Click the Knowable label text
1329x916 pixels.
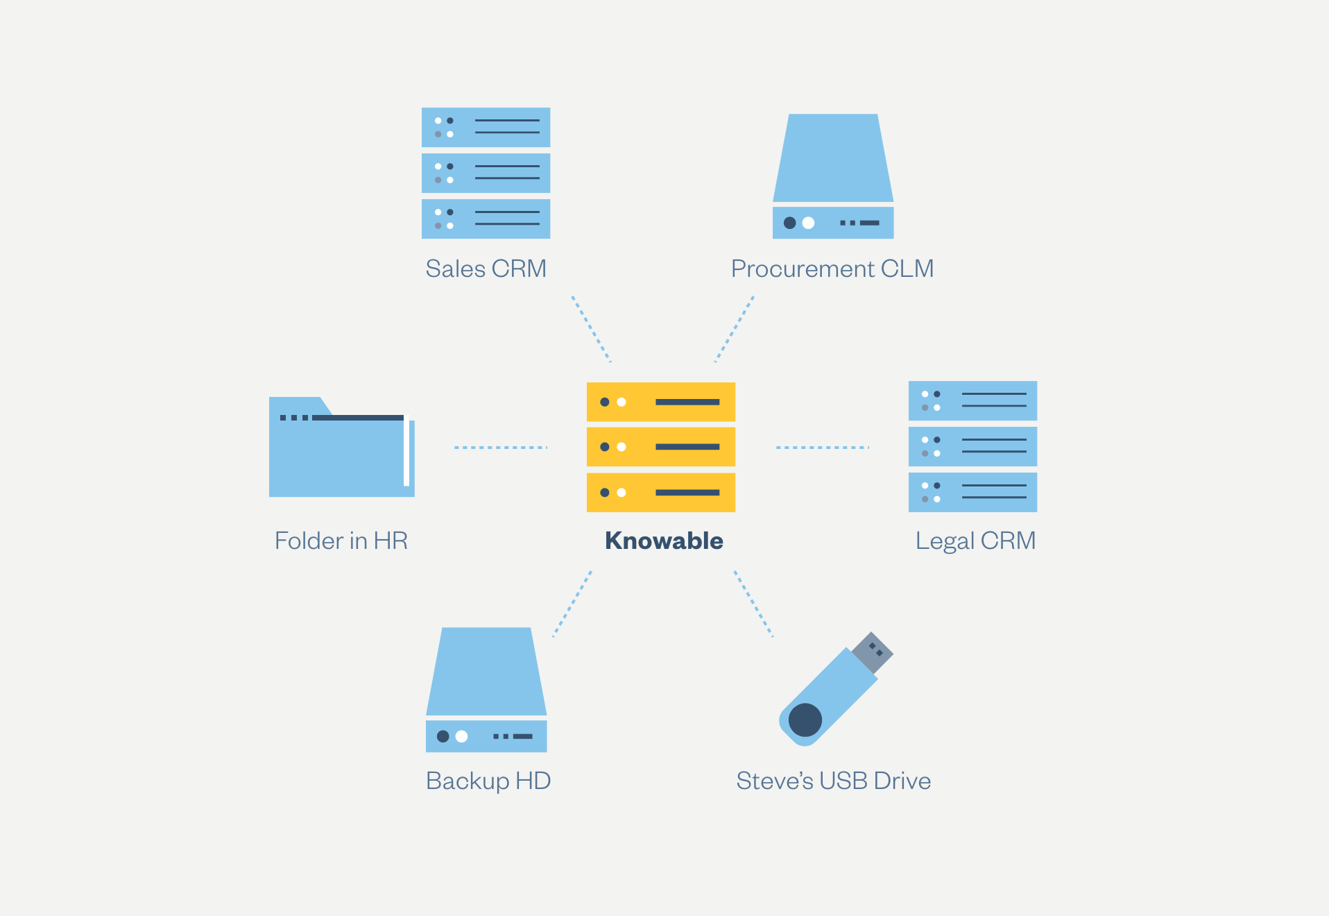(664, 541)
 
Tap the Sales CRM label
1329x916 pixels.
(486, 269)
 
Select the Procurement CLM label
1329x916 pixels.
(832, 269)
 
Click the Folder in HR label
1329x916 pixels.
(341, 541)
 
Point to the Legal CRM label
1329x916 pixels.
(975, 541)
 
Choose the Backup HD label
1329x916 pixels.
(488, 781)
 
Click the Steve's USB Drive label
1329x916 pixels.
(833, 781)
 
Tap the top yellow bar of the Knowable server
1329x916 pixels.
(661, 402)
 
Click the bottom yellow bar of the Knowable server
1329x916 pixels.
(661, 493)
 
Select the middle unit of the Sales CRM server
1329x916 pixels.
(486, 173)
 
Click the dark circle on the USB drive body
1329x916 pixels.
(805, 720)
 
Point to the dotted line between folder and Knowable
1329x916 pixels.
(501, 448)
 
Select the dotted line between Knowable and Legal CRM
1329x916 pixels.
(822, 448)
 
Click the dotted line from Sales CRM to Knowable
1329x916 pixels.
(591, 329)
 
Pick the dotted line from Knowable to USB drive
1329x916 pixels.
(753, 604)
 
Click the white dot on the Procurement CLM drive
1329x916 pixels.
(808, 223)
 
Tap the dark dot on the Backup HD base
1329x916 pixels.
(443, 736)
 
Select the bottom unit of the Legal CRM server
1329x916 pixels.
(972, 493)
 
